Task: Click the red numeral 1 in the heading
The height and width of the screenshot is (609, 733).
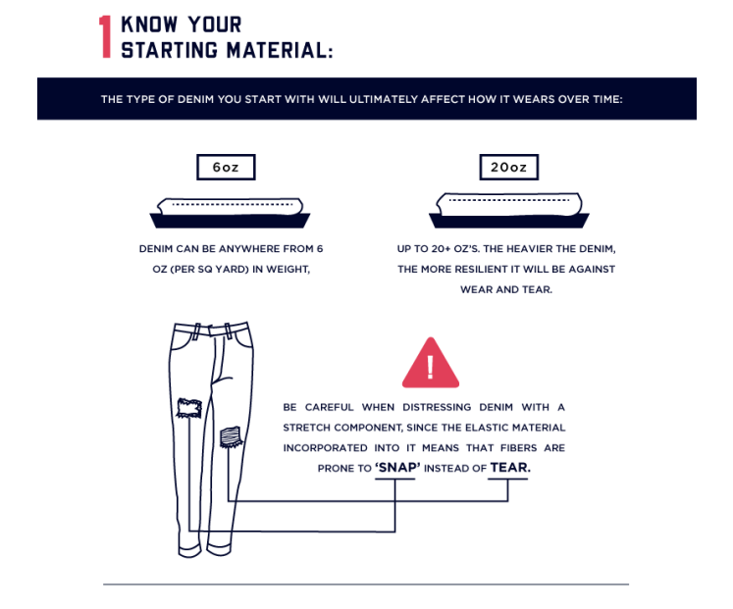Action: (x=105, y=37)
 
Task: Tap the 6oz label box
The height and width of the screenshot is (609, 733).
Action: (x=226, y=167)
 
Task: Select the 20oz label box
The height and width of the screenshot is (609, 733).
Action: (x=508, y=167)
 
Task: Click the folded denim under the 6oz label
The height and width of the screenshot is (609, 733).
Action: (x=230, y=213)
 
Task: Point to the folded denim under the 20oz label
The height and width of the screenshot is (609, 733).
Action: (x=509, y=210)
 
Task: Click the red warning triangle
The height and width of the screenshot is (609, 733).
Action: (x=431, y=364)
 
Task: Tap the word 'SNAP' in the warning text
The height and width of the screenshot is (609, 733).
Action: (x=397, y=468)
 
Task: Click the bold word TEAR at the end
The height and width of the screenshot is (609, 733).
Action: (x=510, y=468)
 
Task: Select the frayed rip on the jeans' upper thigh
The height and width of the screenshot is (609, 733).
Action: (x=189, y=408)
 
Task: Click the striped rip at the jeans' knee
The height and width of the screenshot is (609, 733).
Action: (x=231, y=437)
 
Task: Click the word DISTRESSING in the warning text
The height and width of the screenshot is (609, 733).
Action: (x=437, y=407)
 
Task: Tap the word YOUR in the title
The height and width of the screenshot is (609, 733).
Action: (x=215, y=25)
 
